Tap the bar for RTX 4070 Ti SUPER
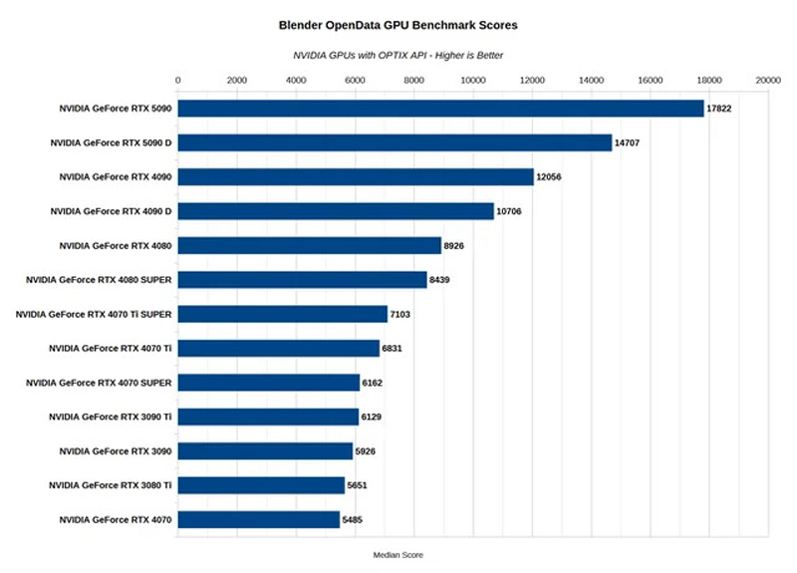[x=282, y=314]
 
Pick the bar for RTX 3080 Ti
[x=261, y=485]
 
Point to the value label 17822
[x=719, y=108]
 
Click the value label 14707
[x=627, y=143]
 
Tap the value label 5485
[x=355, y=519]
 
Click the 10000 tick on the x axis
[x=473, y=80]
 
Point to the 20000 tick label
[x=767, y=80]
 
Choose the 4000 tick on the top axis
[x=296, y=80]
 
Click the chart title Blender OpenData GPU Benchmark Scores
[x=398, y=22]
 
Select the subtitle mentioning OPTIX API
[x=398, y=55]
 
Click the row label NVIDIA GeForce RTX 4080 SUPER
[x=99, y=280]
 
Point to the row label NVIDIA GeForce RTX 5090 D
[x=111, y=143]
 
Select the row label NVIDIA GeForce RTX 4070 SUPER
[x=99, y=383]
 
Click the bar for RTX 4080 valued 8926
[x=309, y=245]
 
